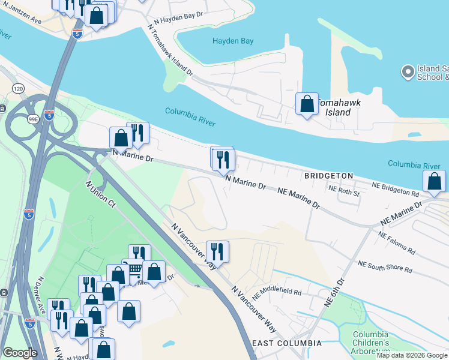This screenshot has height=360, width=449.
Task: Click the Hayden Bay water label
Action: pyautogui.click(x=233, y=41)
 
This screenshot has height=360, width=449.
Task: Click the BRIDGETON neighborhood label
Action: pyautogui.click(x=329, y=176)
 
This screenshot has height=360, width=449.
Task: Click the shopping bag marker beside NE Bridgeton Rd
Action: pyautogui.click(x=434, y=181)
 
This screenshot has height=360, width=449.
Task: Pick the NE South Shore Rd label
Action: pyautogui.click(x=385, y=267)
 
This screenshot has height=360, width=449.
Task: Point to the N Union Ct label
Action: pyautogui.click(x=100, y=194)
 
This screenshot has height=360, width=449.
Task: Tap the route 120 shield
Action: pyautogui.click(x=18, y=88)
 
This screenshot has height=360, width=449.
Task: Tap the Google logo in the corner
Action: pyautogui.click(x=20, y=352)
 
